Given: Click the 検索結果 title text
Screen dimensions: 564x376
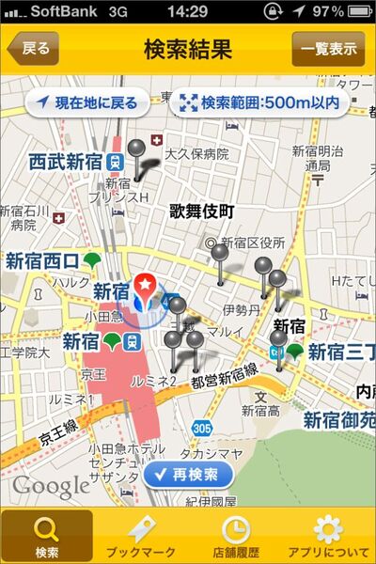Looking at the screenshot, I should point(188,49).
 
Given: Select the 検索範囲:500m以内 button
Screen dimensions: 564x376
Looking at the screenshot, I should point(260,102).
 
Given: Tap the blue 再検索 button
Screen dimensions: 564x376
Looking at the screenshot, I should point(189,475).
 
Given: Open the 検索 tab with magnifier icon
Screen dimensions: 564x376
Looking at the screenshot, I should point(47,536).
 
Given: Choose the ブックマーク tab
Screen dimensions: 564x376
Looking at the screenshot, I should point(141,536).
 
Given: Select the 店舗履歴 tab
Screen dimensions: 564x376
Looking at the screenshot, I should point(235,536).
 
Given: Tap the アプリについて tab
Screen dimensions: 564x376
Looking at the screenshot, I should point(328,536).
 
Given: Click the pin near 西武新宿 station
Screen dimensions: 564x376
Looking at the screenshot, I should point(137,150).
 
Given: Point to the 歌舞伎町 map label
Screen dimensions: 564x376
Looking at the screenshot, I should point(201,211).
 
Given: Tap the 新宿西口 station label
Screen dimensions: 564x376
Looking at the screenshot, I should point(42,260).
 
